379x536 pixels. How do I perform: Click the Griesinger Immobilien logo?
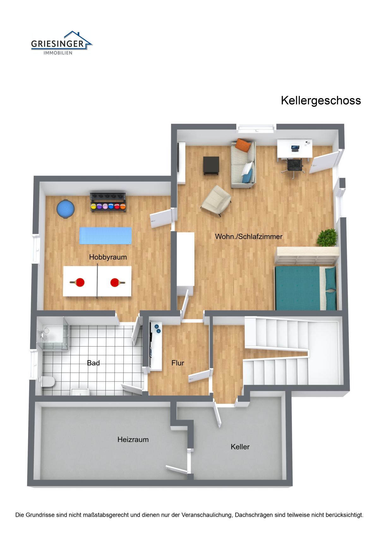click(62, 43)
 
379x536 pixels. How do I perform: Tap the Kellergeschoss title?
click(321, 100)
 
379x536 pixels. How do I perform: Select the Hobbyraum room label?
click(108, 257)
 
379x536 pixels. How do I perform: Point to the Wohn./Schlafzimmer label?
click(249, 236)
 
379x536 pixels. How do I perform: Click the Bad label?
click(93, 363)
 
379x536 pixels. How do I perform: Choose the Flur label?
click(178, 363)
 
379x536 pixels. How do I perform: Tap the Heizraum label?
click(133, 440)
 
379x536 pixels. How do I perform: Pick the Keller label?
click(240, 447)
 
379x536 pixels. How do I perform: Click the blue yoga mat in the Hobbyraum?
click(105, 235)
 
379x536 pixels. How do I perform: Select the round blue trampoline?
click(66, 209)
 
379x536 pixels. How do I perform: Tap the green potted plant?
click(327, 238)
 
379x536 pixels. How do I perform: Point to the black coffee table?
click(211, 166)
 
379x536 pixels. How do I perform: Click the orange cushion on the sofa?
click(243, 145)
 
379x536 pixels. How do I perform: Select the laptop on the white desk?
click(295, 149)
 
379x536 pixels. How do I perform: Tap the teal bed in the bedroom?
click(306, 288)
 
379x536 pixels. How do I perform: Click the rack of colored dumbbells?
click(108, 202)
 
